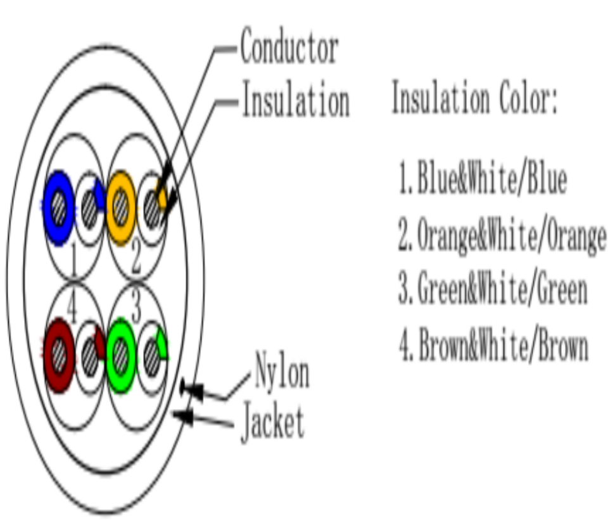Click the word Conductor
[x=289, y=49]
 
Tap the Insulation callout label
[x=295, y=101]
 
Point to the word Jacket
[x=272, y=423]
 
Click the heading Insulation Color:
[x=475, y=100]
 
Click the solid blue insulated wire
[x=58, y=207]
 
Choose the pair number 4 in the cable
[x=71, y=310]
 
